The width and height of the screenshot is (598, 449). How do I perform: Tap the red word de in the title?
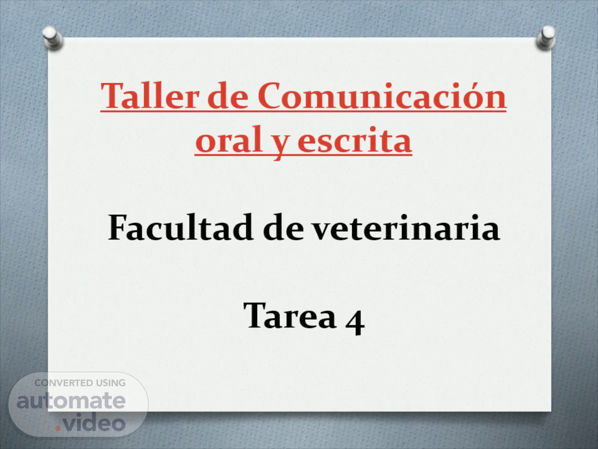coord(228,96)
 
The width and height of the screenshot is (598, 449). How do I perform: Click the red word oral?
coord(229,140)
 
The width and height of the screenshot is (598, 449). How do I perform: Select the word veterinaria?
coord(406,228)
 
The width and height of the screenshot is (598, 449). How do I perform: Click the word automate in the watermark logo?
coord(71,400)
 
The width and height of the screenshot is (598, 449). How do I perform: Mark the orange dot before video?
coord(58,429)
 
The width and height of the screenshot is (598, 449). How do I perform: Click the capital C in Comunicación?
coord(269,96)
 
